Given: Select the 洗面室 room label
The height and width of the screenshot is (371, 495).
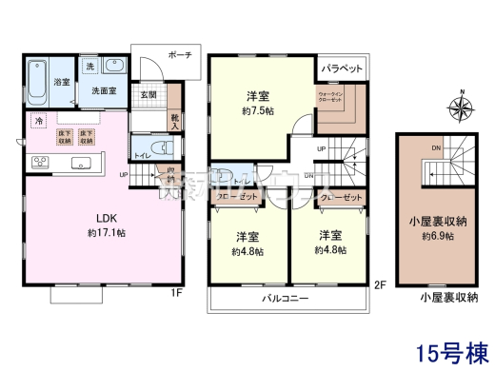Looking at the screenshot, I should point(104,90).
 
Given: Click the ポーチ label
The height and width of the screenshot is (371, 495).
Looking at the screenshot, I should point(179,54).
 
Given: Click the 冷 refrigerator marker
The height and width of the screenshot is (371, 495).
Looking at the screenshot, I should point(39,122).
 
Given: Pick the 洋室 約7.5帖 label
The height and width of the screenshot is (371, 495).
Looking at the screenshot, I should point(257,103).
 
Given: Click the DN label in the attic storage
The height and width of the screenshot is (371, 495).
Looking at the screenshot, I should point(435,148).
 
